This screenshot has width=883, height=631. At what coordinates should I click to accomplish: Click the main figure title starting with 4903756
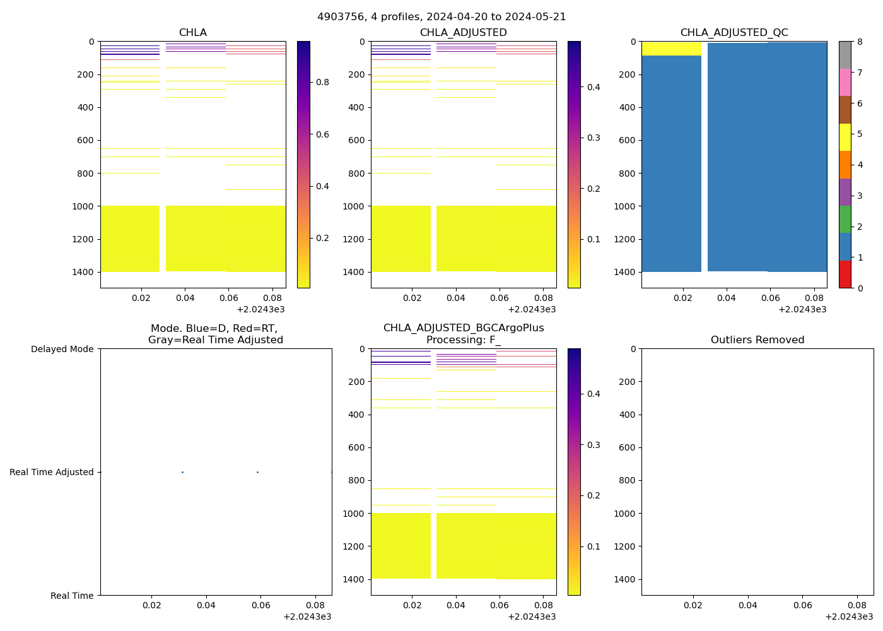pyautogui.click(x=441, y=17)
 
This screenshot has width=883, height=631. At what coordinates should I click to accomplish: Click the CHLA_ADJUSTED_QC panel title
pyautogui.click(x=734, y=33)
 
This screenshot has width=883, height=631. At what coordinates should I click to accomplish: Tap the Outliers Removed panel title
pyautogui.click(x=757, y=340)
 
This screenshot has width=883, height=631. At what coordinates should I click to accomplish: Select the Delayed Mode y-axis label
pyautogui.click(x=62, y=349)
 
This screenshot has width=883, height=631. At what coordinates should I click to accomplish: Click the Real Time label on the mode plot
pyautogui.click(x=72, y=596)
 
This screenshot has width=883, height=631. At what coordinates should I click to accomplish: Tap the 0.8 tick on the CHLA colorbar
pyautogui.click(x=322, y=82)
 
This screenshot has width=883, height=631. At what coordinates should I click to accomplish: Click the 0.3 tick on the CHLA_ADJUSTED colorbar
pyautogui.click(x=594, y=138)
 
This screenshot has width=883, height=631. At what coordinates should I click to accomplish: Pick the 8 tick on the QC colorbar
pyautogui.click(x=860, y=42)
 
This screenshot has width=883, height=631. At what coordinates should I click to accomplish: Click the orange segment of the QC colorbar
pyautogui.click(x=845, y=165)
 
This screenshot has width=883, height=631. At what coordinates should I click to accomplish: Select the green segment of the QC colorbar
pyautogui.click(x=845, y=220)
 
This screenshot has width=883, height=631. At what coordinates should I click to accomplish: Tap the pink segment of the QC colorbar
pyautogui.click(x=845, y=83)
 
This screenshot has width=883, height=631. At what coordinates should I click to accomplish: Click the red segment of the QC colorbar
pyautogui.click(x=845, y=274)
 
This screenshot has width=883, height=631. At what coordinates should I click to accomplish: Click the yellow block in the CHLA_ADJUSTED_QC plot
pyautogui.click(x=671, y=49)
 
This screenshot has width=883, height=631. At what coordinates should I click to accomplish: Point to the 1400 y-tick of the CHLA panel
pyautogui.click(x=83, y=272)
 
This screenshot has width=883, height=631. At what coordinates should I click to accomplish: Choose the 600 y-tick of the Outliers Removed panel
pyautogui.click(x=624, y=447)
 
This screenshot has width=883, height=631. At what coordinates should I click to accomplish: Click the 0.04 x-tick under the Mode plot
pyautogui.click(x=206, y=605)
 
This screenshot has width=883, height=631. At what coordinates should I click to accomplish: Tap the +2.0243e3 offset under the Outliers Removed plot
pyautogui.click(x=849, y=616)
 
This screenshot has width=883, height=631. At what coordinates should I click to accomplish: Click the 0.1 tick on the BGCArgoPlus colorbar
pyautogui.click(x=594, y=546)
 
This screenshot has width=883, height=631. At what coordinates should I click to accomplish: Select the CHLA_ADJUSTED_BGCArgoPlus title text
pyautogui.click(x=464, y=328)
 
